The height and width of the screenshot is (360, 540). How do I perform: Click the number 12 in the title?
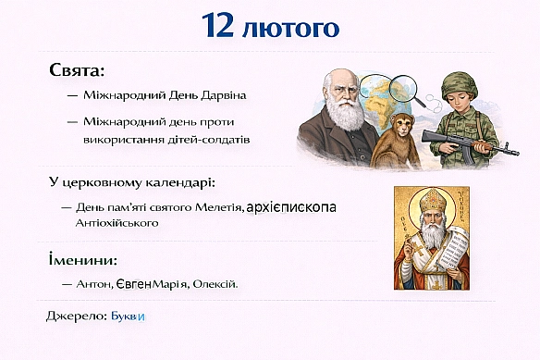click(220, 27)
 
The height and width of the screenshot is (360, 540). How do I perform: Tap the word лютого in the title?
click(289, 28)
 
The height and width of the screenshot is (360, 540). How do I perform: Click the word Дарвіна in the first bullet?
click(224, 95)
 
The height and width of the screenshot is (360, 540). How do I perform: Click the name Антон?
click(95, 284)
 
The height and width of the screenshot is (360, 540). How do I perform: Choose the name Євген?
click(135, 284)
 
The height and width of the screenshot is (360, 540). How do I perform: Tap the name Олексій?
click(215, 284)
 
